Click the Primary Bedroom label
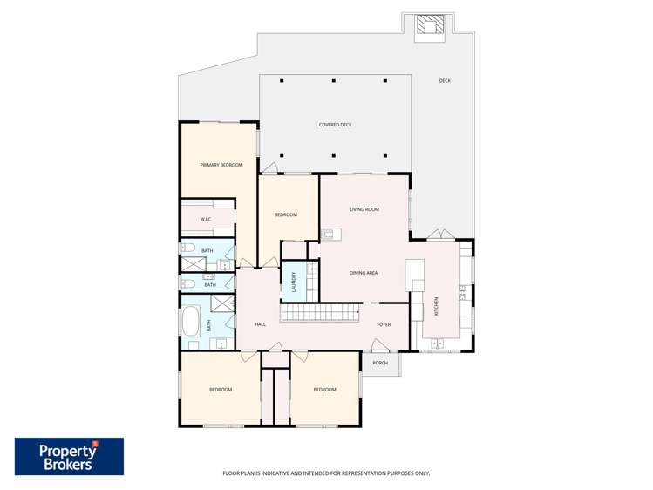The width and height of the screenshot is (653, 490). (x=221, y=165)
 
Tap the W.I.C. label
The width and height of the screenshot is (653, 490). (x=206, y=219)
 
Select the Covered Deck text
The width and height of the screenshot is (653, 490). (x=335, y=125)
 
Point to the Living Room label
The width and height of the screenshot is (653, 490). (x=364, y=209)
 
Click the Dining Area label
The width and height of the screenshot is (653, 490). (x=364, y=273)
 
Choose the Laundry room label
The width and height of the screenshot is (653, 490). (x=294, y=282)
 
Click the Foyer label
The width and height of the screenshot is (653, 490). (x=384, y=324)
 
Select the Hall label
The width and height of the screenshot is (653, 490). (x=260, y=324)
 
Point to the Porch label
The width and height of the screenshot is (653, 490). (x=379, y=363)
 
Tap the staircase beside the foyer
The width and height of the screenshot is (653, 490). (x=320, y=311)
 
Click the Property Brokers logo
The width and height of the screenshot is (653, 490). (x=69, y=456)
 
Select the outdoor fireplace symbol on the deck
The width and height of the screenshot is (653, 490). (x=428, y=26)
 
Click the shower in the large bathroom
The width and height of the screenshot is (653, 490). (x=222, y=303)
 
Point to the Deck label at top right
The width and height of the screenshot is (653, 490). (x=445, y=81)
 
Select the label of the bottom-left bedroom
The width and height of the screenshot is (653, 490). (x=221, y=389)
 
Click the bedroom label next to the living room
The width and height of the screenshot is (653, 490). (x=286, y=214)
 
